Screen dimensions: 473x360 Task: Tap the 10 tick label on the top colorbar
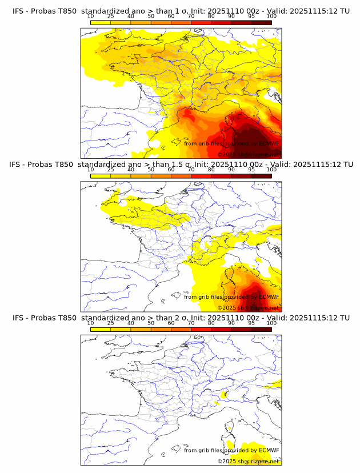click(x=91, y=17)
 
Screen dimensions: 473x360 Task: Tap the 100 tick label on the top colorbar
click(x=271, y=17)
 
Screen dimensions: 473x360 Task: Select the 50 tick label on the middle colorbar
click(x=151, y=170)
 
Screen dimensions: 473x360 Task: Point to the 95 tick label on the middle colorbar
click(x=251, y=170)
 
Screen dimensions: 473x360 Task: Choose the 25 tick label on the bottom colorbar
click(x=111, y=323)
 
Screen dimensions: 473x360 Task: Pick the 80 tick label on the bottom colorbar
click(x=211, y=323)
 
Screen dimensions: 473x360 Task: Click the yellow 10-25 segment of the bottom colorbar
click(x=101, y=329)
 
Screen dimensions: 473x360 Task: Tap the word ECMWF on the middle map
click(x=269, y=296)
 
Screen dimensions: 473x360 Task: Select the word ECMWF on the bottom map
click(x=269, y=450)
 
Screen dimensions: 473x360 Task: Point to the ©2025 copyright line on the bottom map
click(x=248, y=461)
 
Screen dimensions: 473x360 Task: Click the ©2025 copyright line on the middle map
click(x=248, y=307)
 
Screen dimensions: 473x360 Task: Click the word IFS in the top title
click(x=18, y=11)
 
